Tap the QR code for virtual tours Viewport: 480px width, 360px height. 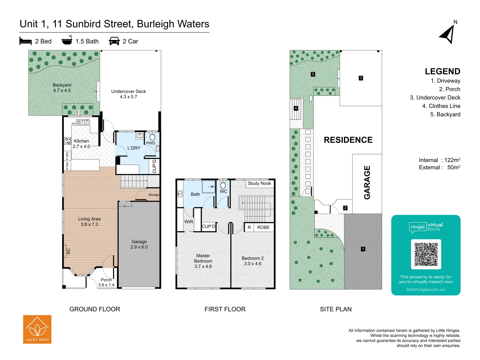click(426, 254)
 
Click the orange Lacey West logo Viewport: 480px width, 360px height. click(37, 329)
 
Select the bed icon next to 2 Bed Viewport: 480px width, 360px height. click(26, 41)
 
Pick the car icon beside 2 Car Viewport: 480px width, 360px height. click(114, 41)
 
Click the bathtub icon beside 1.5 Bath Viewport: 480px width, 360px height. click(67, 40)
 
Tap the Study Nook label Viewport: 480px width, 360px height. click(259, 183)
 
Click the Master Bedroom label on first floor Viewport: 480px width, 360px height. click(203, 261)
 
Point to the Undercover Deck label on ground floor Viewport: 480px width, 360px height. click(128, 94)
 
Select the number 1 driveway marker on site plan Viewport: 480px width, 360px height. click(363, 249)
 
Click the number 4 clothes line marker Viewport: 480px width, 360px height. click(296, 108)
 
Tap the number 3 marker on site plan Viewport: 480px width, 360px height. click(361, 78)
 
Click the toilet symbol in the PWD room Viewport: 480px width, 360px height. click(152, 137)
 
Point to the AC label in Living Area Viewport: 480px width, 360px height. click(68, 251)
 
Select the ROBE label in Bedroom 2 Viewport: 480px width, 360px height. click(263, 227)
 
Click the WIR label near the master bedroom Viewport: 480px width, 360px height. click(189, 222)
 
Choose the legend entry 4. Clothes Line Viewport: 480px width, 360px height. click(441, 106)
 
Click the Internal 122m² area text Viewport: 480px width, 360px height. click(439, 160)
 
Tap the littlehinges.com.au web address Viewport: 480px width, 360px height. click(426, 290)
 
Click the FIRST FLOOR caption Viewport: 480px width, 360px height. click(225, 309)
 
